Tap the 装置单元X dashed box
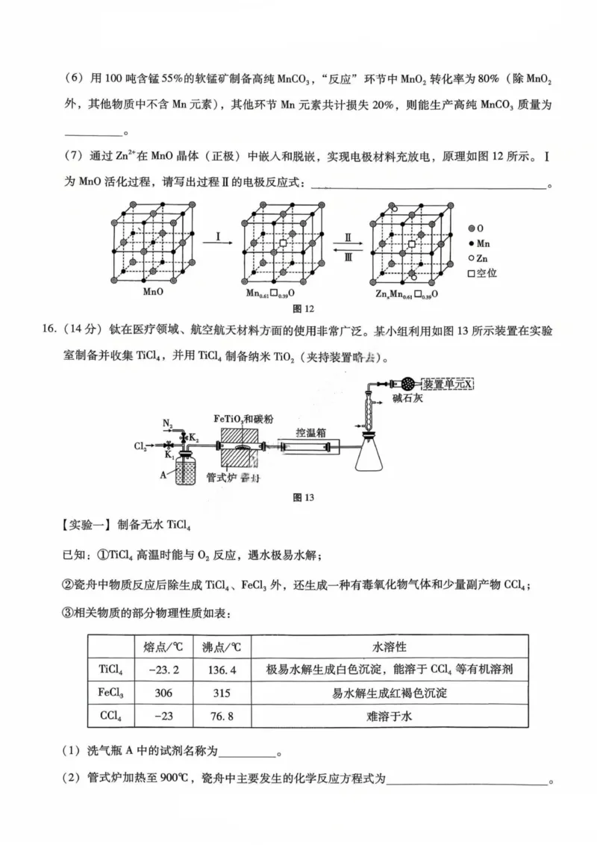448,384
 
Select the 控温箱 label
308,431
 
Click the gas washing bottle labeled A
186,472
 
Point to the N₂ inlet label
168,424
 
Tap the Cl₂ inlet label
140,446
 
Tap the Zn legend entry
481,258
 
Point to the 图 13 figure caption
304,499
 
